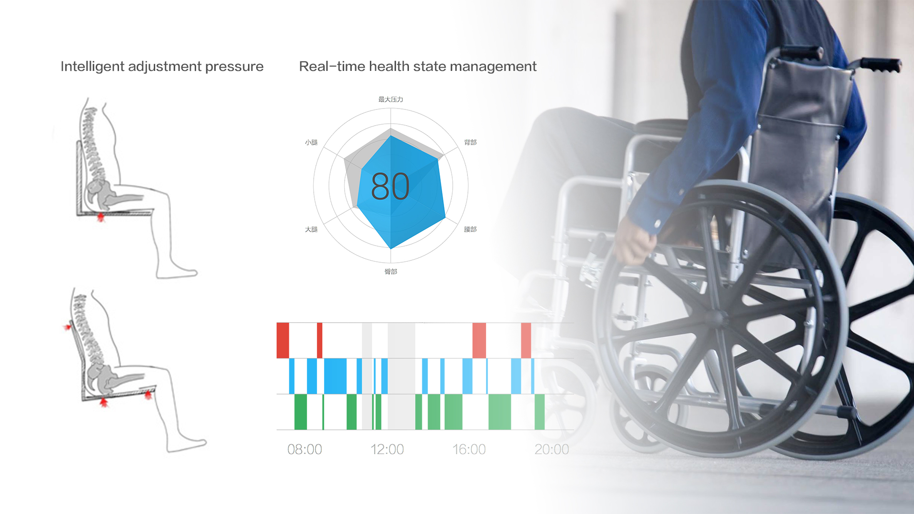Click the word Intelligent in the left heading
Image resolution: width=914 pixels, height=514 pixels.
tap(92, 67)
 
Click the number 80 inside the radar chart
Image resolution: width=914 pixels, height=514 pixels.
tap(390, 186)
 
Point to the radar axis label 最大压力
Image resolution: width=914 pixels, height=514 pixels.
tap(391, 99)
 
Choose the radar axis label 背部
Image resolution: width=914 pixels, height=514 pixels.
tap(470, 142)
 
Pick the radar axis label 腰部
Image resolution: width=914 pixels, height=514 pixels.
tap(470, 229)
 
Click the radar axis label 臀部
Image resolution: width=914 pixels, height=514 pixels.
tap(391, 272)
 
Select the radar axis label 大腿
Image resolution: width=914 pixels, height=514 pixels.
tap(311, 229)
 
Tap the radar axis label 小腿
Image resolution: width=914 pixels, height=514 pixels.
tap(311, 142)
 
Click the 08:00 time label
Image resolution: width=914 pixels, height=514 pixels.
tap(305, 449)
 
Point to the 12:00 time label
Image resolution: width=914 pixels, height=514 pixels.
tap(387, 449)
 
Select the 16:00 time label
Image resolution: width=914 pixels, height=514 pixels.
tap(469, 449)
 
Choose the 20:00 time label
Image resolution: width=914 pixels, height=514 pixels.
tap(552, 449)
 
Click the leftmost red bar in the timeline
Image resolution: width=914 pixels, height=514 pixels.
tap(283, 340)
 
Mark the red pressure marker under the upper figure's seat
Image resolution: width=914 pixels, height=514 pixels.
tap(100, 217)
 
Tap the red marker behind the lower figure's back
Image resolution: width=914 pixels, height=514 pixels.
tap(68, 327)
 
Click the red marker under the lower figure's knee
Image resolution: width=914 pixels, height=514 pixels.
tap(149, 395)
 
